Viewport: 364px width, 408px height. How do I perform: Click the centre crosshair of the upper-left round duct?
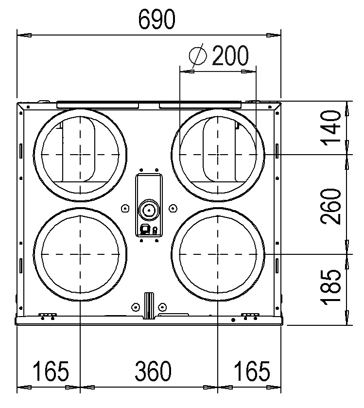[80, 155]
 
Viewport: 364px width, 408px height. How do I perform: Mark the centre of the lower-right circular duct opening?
[218, 254]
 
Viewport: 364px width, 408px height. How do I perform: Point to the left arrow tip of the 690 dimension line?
[17, 35]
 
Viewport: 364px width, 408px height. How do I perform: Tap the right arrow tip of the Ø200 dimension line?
[256, 71]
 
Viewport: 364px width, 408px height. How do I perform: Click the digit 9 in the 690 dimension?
[157, 19]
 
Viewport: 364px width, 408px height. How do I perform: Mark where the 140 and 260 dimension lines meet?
[347, 155]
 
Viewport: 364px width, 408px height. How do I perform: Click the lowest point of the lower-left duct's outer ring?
[80, 301]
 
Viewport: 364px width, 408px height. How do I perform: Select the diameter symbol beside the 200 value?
[198, 55]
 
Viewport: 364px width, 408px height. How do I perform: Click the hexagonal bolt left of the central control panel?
[125, 208]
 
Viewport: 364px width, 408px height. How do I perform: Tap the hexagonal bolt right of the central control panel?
[173, 208]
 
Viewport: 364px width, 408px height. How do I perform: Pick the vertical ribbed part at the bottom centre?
[149, 306]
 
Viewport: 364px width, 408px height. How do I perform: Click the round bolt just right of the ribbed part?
[162, 307]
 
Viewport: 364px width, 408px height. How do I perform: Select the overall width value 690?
[157, 19]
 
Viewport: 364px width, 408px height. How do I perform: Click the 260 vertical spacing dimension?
[330, 206]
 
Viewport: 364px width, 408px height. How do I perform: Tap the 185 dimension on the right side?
[330, 287]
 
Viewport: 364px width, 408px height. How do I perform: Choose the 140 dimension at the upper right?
[330, 128]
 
